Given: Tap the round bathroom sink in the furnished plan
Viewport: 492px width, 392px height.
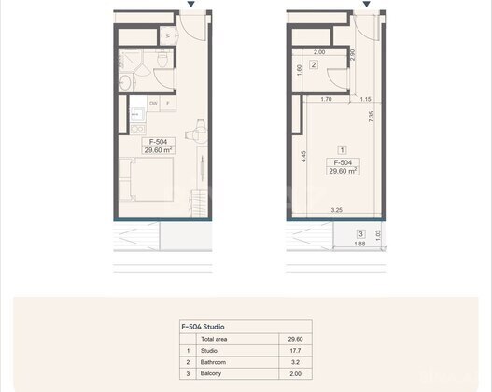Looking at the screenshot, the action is tap(125, 82).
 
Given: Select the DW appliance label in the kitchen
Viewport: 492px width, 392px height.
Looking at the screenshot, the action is tap(153, 104).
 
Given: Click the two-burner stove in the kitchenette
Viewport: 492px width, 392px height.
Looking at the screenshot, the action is tap(137, 129).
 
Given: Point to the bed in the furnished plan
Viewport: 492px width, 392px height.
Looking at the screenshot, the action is tap(147, 179).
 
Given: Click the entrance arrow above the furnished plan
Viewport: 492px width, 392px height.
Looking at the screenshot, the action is tap(191, 4).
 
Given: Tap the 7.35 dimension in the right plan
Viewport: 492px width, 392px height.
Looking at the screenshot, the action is tap(372, 117).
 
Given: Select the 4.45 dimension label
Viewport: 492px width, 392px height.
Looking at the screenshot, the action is tap(303, 157).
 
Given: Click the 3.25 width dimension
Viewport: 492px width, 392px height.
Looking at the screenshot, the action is tap(336, 210).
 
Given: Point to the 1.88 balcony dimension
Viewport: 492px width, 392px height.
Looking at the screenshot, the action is tap(359, 244).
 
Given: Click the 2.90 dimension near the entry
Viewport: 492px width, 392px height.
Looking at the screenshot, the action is tap(353, 55).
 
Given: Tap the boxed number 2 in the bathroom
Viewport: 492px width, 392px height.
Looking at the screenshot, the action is tap(314, 65).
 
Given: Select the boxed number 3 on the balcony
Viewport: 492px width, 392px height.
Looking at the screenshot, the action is tap(361, 233).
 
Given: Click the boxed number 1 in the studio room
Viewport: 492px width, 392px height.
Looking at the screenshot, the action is tap(342, 150).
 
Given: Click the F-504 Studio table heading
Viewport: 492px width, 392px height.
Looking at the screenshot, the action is tap(203, 327).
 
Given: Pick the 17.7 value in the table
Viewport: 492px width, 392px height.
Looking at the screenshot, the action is tap(295, 351).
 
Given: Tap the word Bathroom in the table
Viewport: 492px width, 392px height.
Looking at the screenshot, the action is tap(213, 362).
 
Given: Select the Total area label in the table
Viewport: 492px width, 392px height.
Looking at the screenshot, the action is tap(214, 339).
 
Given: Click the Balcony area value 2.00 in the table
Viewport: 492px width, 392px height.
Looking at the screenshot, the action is tap(295, 374).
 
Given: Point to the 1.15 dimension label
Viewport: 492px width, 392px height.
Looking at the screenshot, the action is tap(366, 99).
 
